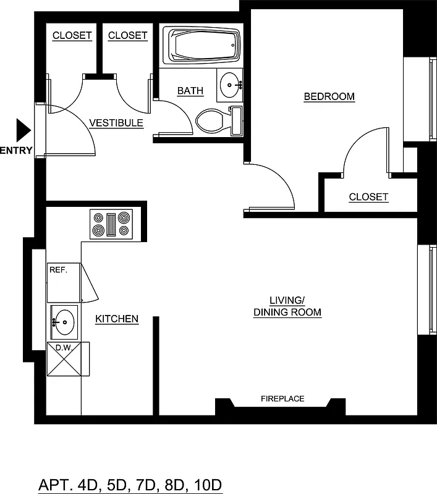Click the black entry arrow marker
click(x=23, y=130)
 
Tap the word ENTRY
click(x=16, y=150)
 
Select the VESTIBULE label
click(x=116, y=123)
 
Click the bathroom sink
click(x=231, y=84)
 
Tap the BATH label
click(x=190, y=91)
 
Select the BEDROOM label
click(x=329, y=96)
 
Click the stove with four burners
click(x=112, y=224)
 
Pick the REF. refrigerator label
click(x=57, y=270)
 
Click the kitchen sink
click(x=63, y=321)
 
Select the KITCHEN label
click(x=116, y=319)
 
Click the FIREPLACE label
click(x=282, y=399)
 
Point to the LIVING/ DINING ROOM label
click(x=287, y=306)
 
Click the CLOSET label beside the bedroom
click(x=368, y=197)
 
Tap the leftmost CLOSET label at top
click(x=72, y=36)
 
